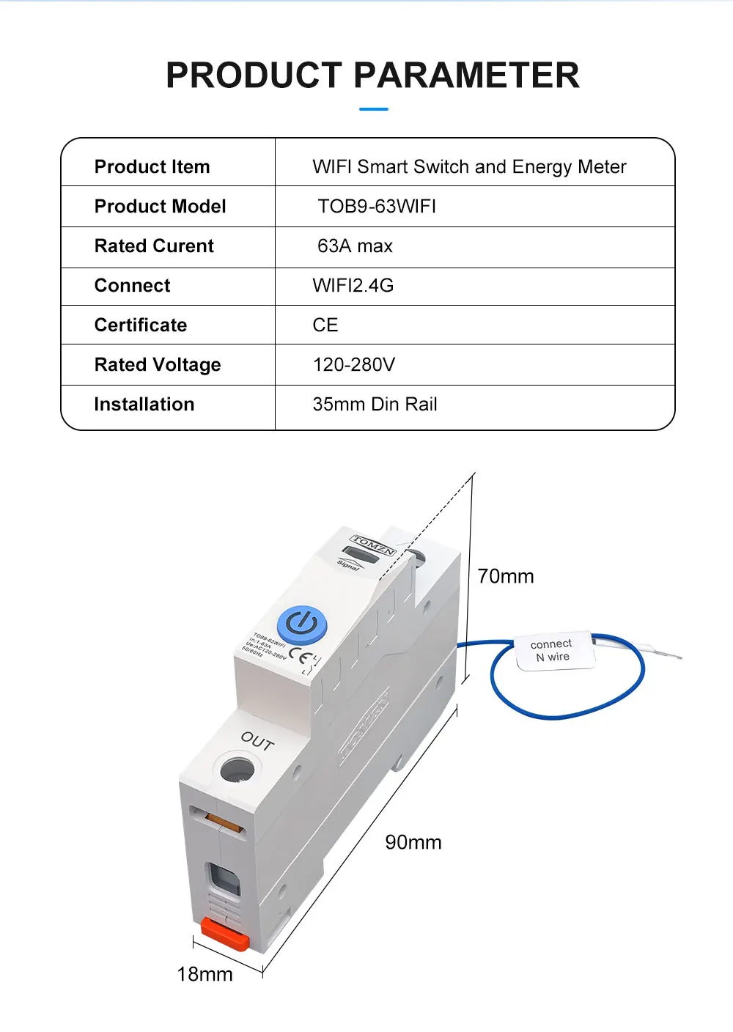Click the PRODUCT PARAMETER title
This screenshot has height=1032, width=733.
click(x=372, y=75)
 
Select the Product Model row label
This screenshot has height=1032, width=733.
click(x=160, y=207)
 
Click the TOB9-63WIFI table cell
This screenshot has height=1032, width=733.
click(x=377, y=207)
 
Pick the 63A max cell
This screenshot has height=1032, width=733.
click(x=355, y=246)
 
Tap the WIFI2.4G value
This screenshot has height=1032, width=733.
click(x=353, y=286)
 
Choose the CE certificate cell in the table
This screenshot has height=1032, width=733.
click(x=325, y=325)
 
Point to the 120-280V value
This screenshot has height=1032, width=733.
click(x=353, y=365)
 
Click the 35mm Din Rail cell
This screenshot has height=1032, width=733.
click(x=375, y=405)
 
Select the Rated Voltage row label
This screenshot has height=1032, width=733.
click(x=158, y=365)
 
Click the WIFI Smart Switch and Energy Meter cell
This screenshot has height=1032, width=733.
click(x=469, y=167)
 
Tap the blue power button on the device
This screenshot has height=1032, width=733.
click(x=301, y=625)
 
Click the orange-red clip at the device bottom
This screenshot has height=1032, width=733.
click(x=224, y=933)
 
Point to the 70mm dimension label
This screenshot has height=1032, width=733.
click(x=506, y=577)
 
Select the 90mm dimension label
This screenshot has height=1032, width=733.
click(x=413, y=843)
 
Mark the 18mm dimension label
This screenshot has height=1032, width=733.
click(x=205, y=975)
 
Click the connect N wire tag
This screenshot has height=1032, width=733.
click(x=552, y=650)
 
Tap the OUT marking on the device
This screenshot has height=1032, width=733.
click(x=257, y=742)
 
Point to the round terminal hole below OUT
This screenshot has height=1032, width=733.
click(x=237, y=771)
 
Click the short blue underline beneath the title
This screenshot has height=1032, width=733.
click(x=374, y=109)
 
